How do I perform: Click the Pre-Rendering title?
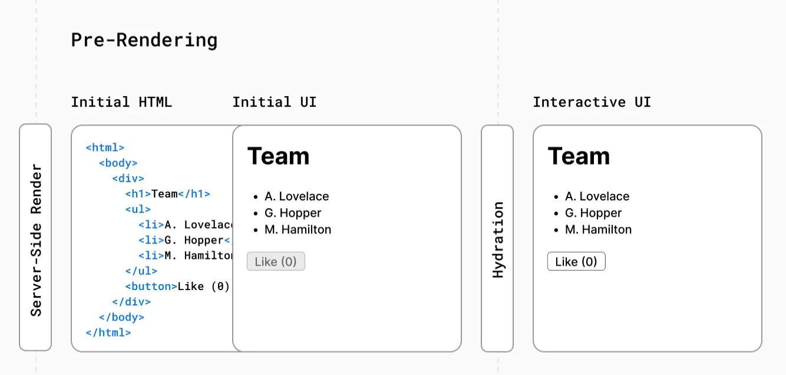coord(144,40)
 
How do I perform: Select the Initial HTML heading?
coord(121,102)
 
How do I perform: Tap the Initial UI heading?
coord(275,102)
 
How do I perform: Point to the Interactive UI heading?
coord(592,102)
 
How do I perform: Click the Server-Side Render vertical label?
coord(36,240)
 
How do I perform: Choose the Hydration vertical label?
coord(497,240)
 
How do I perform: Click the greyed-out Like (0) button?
coord(276,261)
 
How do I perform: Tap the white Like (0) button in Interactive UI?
coord(576,261)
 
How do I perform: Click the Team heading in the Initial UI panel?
coord(278,156)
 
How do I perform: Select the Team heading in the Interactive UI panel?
coord(579,156)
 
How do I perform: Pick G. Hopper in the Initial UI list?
coord(293,213)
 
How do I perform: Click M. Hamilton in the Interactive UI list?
coord(598,229)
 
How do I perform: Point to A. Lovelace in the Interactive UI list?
coord(597,196)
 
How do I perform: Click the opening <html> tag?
coord(105,147)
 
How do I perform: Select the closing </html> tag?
coord(108,333)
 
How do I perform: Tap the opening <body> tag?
coord(118,163)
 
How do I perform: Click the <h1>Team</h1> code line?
coord(168,194)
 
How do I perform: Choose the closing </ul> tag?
coord(141,271)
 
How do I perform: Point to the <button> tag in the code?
coord(151,286)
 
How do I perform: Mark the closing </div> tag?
coord(131,302)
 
